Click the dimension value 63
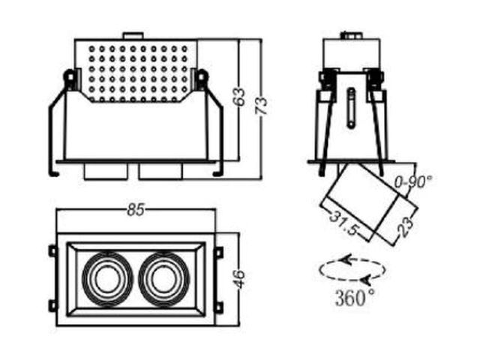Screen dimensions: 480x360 point(241,97)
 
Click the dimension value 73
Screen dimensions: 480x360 point(262,106)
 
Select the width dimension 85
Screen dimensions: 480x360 point(136,210)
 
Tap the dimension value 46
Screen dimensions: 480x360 point(240,278)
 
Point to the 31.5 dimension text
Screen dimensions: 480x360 point(343,223)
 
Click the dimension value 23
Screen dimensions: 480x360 point(406,226)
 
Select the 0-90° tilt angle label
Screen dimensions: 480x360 point(413,182)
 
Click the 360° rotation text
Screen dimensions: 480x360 point(355,297)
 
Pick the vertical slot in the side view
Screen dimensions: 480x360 point(352,107)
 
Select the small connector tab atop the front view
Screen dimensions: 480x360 point(133,35)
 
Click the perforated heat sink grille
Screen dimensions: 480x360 point(137,73)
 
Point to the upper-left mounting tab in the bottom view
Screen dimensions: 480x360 point(53,251)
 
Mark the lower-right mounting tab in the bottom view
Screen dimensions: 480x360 point(218,306)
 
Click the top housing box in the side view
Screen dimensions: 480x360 point(352,55)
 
